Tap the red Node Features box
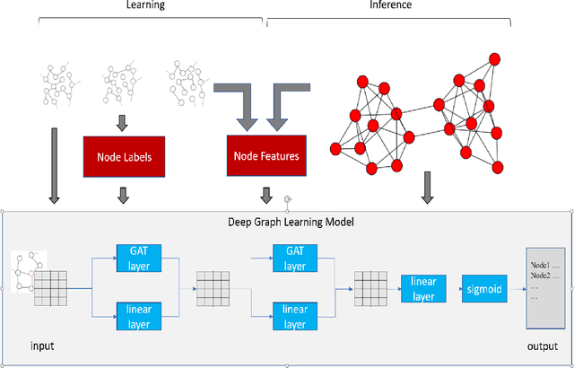pos(265,156)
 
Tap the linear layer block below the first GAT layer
pos(139,316)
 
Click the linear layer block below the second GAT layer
pos(295,316)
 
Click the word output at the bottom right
pos(544,346)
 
